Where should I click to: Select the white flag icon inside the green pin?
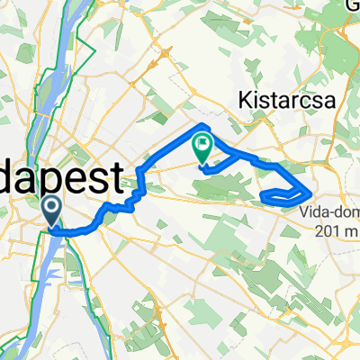(203, 141)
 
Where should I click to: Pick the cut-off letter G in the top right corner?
(353, 5)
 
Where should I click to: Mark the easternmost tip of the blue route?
(311, 192)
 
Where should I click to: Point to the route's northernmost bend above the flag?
(206, 125)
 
